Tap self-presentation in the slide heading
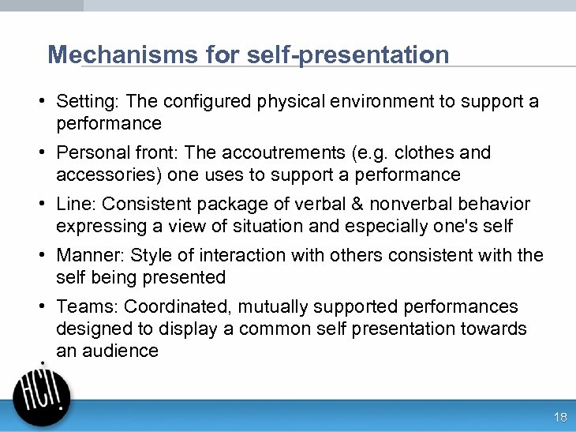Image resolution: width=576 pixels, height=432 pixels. click(x=348, y=55)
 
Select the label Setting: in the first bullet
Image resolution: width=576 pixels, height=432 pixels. click(x=88, y=102)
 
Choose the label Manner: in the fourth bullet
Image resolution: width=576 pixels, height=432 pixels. click(x=90, y=255)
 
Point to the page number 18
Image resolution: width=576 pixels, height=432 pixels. click(x=560, y=418)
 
